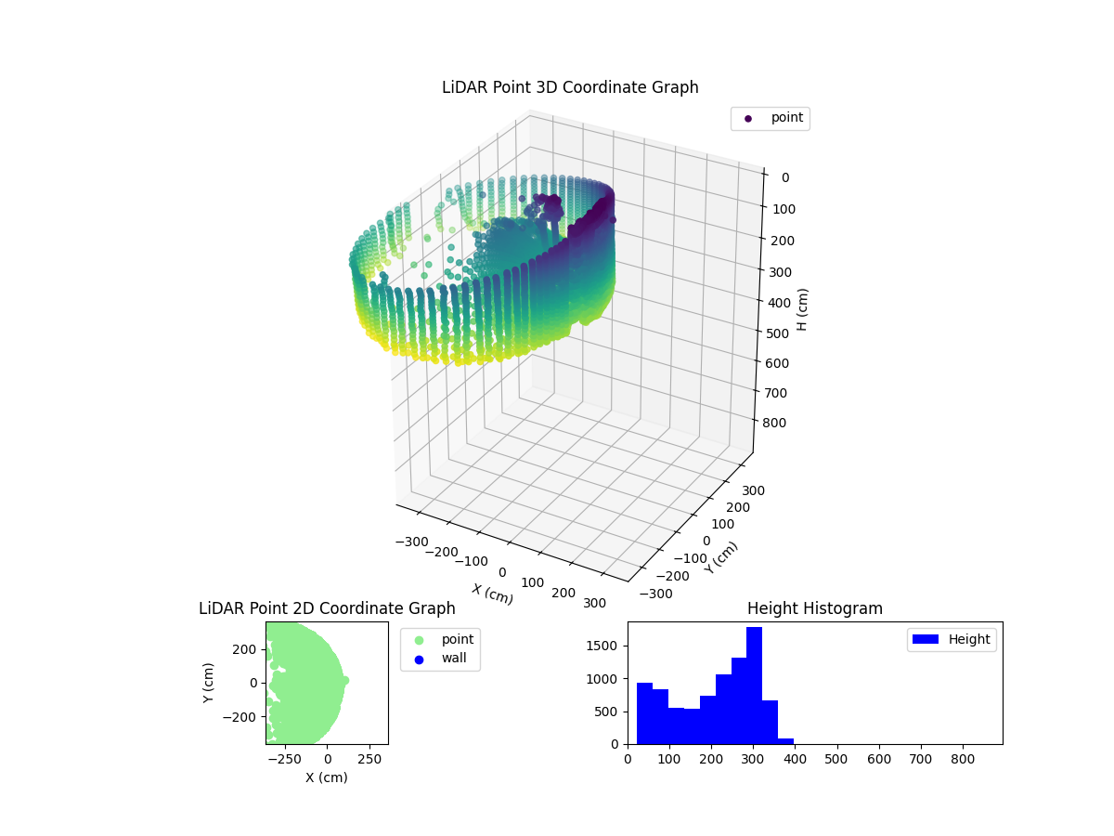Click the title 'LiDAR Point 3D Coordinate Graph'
click(x=570, y=87)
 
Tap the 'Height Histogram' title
click(x=814, y=608)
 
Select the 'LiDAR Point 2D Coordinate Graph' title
click(x=327, y=608)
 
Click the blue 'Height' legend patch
click(x=926, y=639)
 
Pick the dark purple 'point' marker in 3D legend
click(x=748, y=118)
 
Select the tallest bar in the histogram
click(x=754, y=686)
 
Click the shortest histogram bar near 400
click(x=785, y=740)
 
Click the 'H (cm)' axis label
click(x=803, y=308)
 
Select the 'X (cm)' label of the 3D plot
click(x=491, y=594)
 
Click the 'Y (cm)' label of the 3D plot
click(x=720, y=557)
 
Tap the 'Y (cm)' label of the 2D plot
click(x=210, y=683)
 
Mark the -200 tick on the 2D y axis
click(x=245, y=717)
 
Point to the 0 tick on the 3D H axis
click(x=784, y=177)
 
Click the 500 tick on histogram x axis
click(x=837, y=759)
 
